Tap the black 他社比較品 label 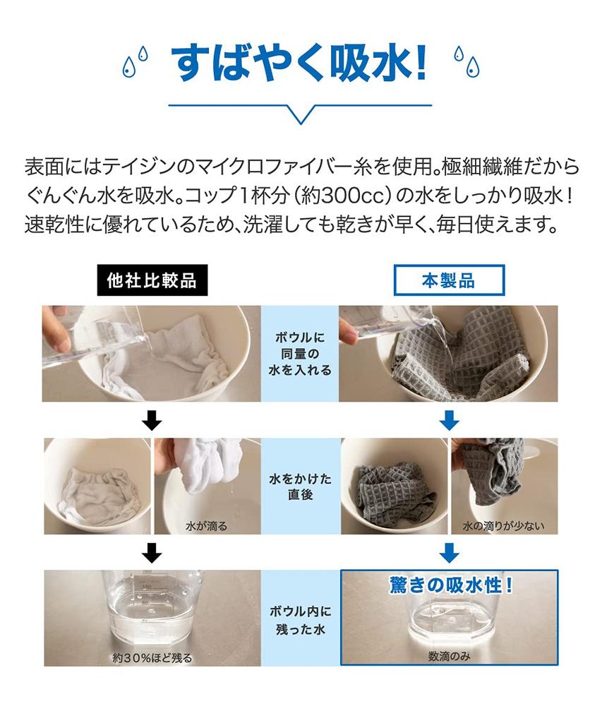click(151, 280)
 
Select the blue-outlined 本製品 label click(449, 280)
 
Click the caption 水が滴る click(207, 526)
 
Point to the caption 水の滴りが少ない click(504, 526)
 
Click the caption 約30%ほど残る click(152, 657)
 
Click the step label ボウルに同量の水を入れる click(301, 354)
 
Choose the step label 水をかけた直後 click(301, 486)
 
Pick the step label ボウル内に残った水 click(301, 619)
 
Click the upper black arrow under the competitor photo click(152, 422)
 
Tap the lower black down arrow click(152, 551)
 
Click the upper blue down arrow click(449, 422)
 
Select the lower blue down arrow click(449, 551)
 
